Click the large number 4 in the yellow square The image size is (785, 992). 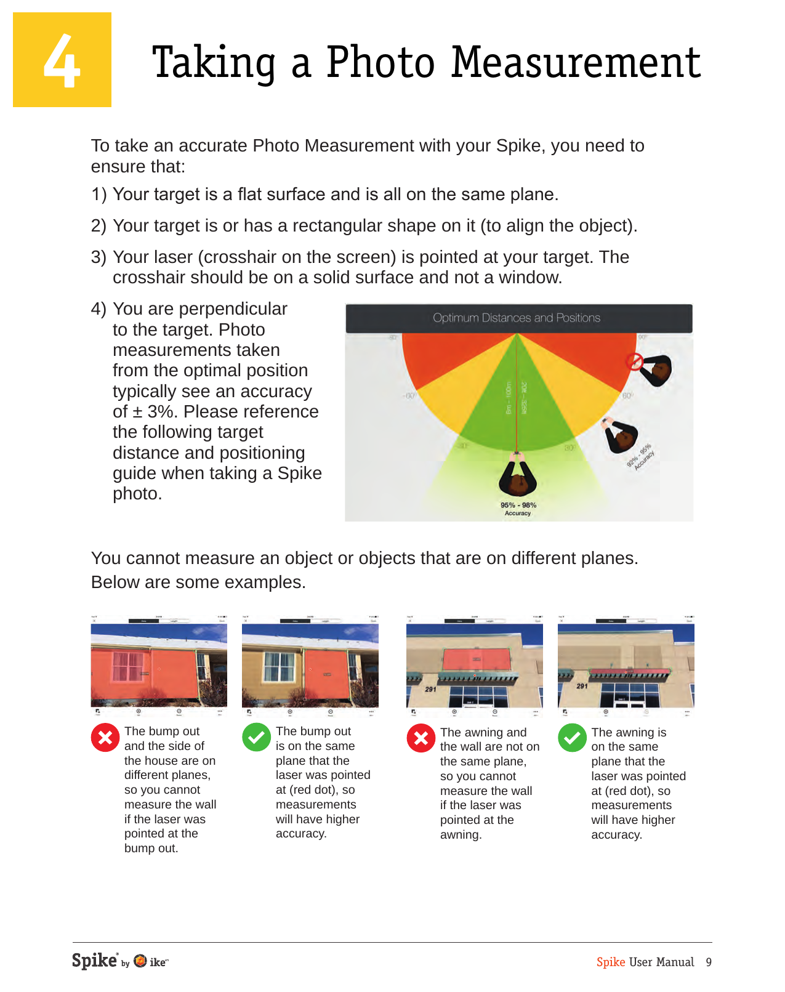click(x=62, y=61)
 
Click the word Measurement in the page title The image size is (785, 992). click(x=576, y=63)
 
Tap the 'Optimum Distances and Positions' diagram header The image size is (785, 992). click(x=517, y=318)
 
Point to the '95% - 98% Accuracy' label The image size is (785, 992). click(x=518, y=509)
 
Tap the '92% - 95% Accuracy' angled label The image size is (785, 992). click(x=640, y=456)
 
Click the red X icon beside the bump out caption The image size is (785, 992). click(x=105, y=738)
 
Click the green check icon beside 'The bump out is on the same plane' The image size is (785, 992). click(x=256, y=738)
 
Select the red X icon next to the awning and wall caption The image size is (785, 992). click(x=421, y=738)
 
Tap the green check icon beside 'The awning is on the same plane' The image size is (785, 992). click(x=572, y=738)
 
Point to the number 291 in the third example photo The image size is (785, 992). click(x=430, y=689)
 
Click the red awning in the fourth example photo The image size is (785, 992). click(x=625, y=672)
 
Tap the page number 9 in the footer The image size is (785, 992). click(x=709, y=962)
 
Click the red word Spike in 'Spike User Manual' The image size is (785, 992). click(x=610, y=962)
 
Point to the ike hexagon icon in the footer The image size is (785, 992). click(x=140, y=961)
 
